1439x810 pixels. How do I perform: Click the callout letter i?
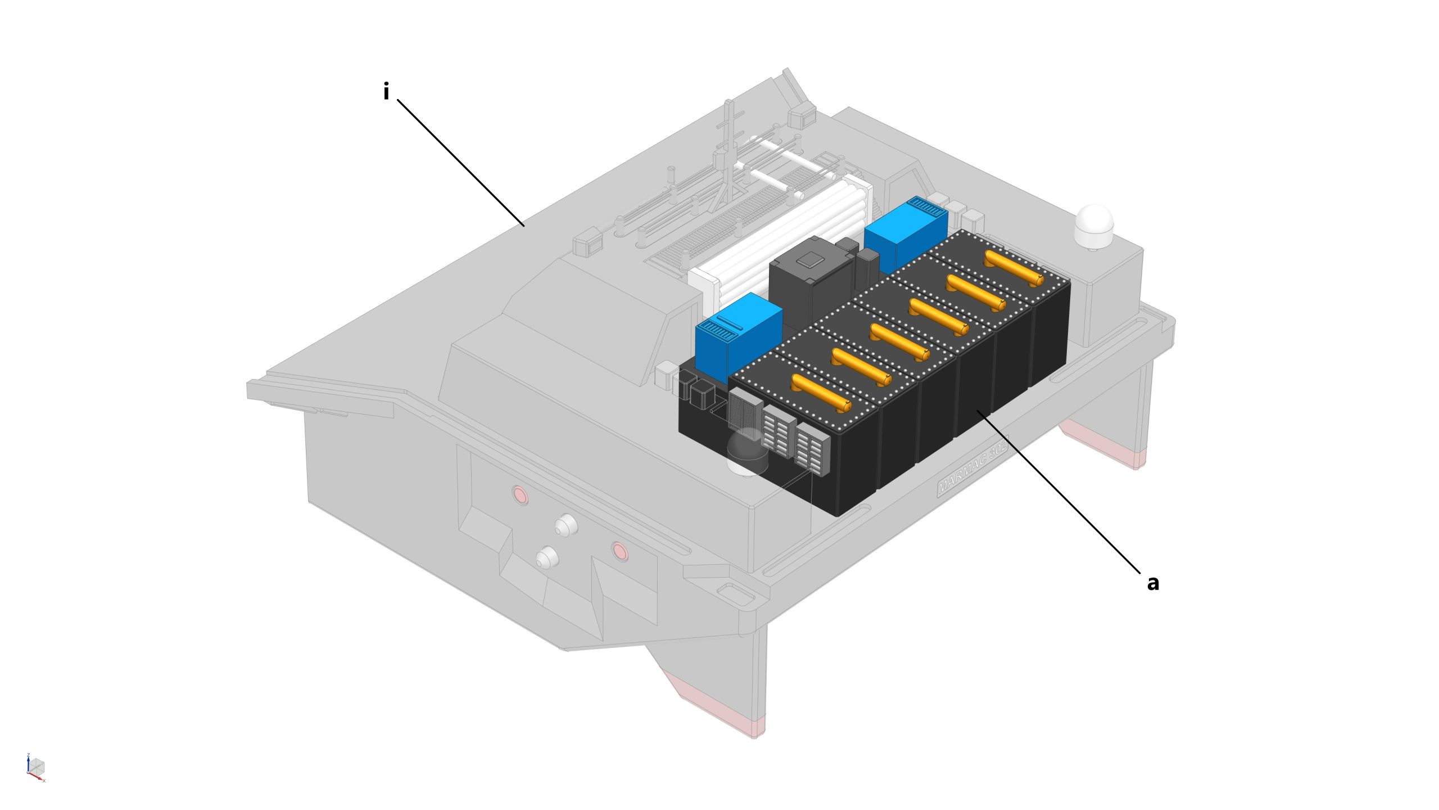[x=386, y=91]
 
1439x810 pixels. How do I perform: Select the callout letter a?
[x=1152, y=583]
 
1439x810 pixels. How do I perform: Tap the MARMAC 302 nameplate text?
[x=972, y=467]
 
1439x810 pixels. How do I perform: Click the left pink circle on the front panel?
[x=520, y=495]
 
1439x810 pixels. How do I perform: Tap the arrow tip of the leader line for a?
[x=978, y=411]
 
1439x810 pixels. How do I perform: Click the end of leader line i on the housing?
[x=524, y=226]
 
